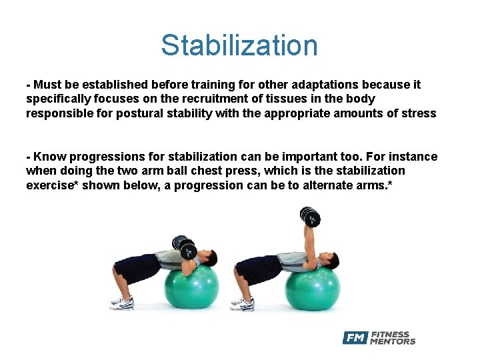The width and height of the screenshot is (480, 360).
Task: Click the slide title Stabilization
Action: point(239,46)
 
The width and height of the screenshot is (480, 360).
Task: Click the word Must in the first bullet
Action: point(47,85)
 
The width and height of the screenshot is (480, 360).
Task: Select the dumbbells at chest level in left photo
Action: point(181,243)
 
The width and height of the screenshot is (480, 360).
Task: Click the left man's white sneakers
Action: point(122,303)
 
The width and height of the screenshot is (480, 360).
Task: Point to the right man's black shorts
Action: point(256,268)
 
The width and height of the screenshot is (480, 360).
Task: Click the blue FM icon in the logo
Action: point(355,338)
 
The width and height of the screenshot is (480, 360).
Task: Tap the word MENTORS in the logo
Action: point(393,342)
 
